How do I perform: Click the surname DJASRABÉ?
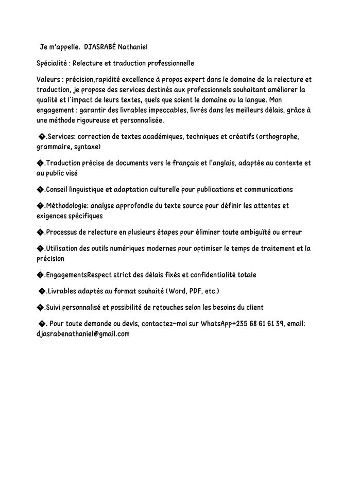[100, 47]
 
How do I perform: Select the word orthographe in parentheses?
[277, 136]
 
